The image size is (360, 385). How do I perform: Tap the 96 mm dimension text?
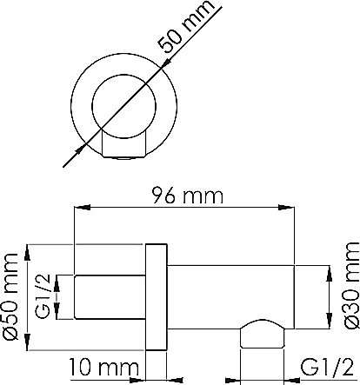(188, 196)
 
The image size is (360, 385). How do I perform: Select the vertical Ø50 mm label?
(10, 296)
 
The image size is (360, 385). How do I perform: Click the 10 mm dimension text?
(103, 367)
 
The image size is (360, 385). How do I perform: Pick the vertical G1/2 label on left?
(43, 296)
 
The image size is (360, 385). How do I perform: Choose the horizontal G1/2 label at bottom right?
(327, 368)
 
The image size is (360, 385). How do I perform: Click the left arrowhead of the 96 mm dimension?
(83, 208)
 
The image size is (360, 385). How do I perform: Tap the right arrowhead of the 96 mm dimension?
(286, 208)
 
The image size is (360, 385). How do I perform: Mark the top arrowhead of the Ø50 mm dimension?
(28, 252)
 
